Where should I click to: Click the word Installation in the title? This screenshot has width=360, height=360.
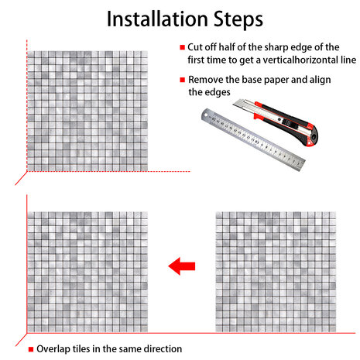click(x=157, y=19)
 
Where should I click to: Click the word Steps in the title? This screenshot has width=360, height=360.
click(x=238, y=20)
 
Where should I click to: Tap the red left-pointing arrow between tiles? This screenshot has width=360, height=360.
click(x=182, y=266)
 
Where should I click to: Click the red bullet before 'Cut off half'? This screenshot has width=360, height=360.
click(x=183, y=47)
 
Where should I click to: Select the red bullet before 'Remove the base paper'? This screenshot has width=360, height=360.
click(x=183, y=80)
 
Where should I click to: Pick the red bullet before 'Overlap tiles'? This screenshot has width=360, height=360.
click(x=31, y=349)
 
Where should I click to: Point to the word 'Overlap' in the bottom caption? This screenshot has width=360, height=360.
click(x=53, y=349)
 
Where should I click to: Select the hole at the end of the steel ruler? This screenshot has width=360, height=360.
click(x=206, y=115)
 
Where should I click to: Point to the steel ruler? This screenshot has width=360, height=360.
click(x=253, y=139)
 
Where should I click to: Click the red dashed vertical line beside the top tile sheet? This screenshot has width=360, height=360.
click(x=27, y=105)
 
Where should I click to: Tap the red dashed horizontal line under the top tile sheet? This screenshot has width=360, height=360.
click(x=108, y=171)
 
